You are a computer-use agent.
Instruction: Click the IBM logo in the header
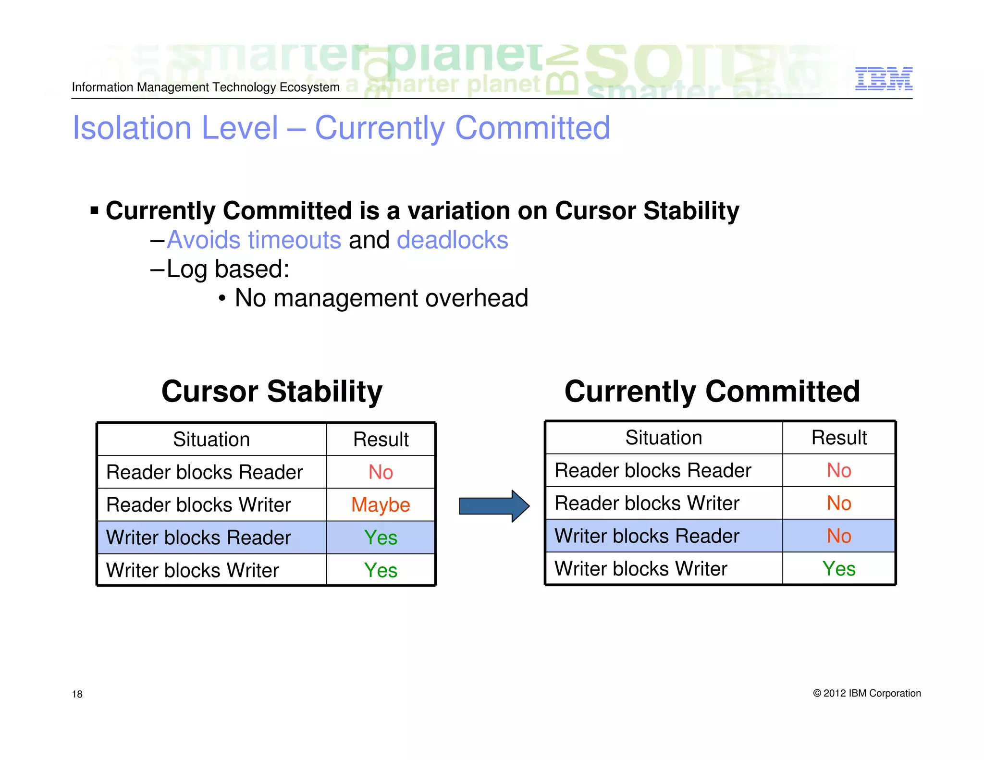[883, 78]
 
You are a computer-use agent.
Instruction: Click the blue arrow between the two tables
[494, 506]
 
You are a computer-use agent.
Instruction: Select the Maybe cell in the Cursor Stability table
[381, 505]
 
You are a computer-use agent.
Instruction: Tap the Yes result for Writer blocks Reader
[381, 538]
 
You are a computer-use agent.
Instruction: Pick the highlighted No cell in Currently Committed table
[838, 536]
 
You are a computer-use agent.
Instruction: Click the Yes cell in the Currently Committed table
[838, 569]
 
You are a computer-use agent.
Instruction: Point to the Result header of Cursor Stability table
[381, 440]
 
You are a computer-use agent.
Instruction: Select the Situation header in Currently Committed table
[664, 438]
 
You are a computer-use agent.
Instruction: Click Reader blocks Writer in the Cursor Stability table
[198, 505]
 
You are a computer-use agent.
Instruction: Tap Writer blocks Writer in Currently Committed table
[640, 569]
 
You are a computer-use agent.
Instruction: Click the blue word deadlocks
[452, 240]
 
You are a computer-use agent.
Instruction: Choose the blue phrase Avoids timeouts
[254, 240]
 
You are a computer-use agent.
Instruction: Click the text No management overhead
[381, 298]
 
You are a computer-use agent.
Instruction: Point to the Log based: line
[227, 269]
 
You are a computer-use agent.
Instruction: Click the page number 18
[77, 694]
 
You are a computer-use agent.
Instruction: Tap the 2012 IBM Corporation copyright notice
[867, 693]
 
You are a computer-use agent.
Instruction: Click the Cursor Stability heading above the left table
[271, 391]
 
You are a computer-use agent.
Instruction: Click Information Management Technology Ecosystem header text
[206, 87]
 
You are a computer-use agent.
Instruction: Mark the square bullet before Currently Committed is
[95, 210]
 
